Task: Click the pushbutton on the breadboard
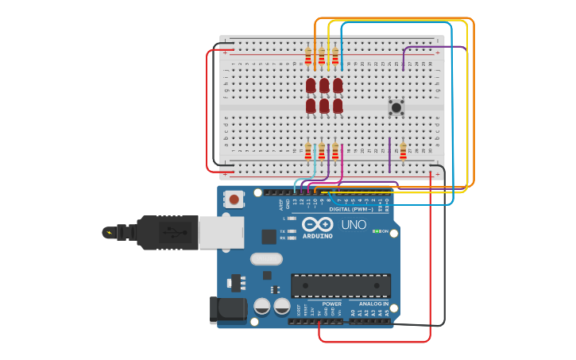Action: pyautogui.click(x=396, y=106)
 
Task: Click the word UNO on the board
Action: pyautogui.click(x=354, y=225)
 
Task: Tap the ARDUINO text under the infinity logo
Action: pyautogui.click(x=317, y=236)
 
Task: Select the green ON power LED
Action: pyautogui.click(x=376, y=231)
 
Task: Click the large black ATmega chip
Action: pyautogui.click(x=340, y=286)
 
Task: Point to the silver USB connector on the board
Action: pyautogui.click(x=221, y=233)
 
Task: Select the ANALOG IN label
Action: pyautogui.click(x=373, y=304)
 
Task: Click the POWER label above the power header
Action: pyautogui.click(x=331, y=304)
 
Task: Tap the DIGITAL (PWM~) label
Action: pyautogui.click(x=351, y=209)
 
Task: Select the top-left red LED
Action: pyautogui.click(x=311, y=85)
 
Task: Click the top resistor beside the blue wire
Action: pyautogui.click(x=334, y=56)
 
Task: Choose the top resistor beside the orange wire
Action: pyautogui.click(x=308, y=56)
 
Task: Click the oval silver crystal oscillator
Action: pyautogui.click(x=266, y=258)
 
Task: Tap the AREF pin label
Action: pyautogui.click(x=281, y=204)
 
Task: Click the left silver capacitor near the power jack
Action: pyautogui.click(x=261, y=306)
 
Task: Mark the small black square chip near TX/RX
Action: pyautogui.click(x=269, y=236)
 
